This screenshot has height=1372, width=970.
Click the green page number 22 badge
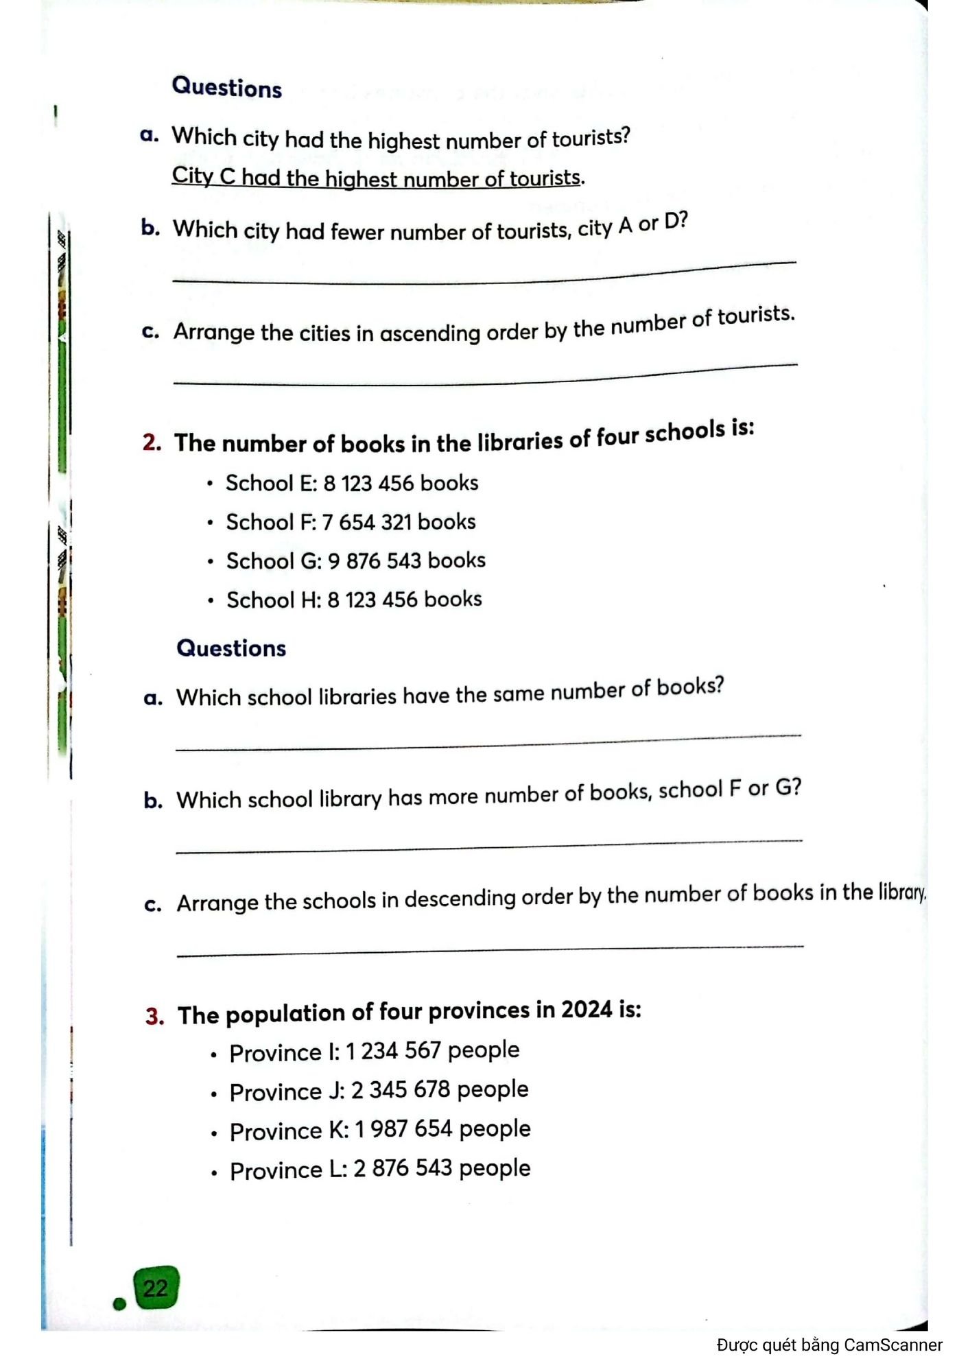156,1288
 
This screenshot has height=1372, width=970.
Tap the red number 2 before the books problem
152,442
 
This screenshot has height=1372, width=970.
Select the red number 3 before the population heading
154,1016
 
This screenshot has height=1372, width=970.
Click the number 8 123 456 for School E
368,484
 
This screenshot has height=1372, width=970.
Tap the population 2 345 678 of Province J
401,1090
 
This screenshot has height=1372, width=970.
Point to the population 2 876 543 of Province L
402,1169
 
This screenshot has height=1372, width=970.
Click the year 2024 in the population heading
587,1010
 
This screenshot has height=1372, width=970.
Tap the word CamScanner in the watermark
893,1345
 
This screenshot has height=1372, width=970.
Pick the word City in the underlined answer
192,176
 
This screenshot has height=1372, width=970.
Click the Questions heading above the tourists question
226,88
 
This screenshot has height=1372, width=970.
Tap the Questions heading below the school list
231,648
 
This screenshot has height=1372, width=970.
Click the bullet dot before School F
211,523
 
